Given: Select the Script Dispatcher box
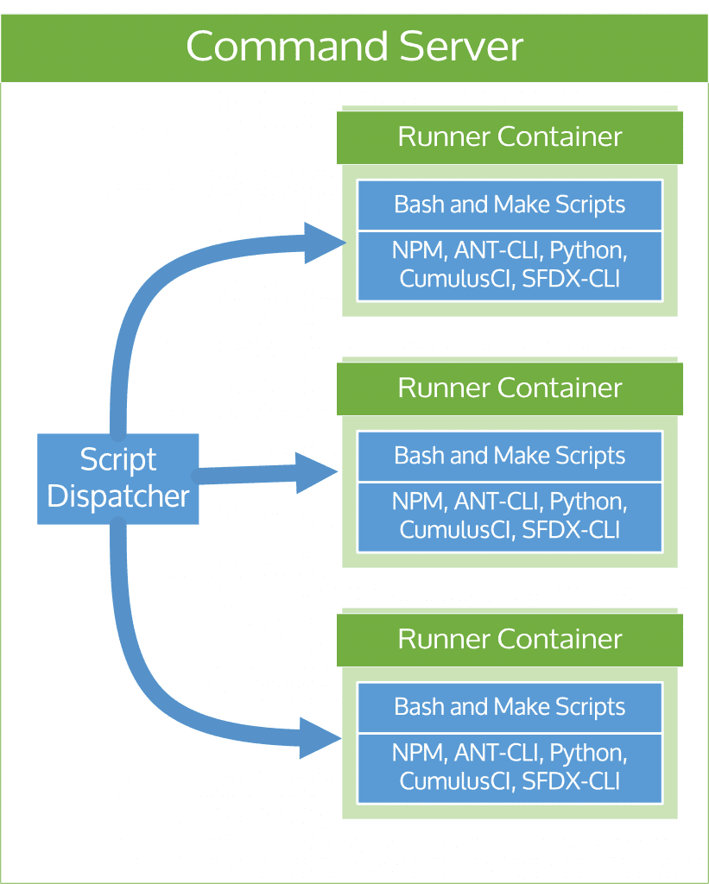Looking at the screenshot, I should pos(118,478).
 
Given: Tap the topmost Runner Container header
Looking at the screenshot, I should pos(510,137).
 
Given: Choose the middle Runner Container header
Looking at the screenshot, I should pos(510,388).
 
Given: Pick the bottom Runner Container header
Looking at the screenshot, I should pos(510,640).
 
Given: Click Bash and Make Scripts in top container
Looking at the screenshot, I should pos(510,205).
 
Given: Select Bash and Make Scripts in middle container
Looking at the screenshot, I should pos(510,456).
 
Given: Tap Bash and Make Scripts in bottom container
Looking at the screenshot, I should pos(510,707).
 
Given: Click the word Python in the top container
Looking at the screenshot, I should pos(587,252).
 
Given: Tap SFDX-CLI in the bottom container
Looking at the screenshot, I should pos(571,781).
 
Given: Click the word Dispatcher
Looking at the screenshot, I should pos(118,497).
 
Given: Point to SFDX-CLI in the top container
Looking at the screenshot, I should pos(571,279).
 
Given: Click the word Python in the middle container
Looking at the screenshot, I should pos(587,502).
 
